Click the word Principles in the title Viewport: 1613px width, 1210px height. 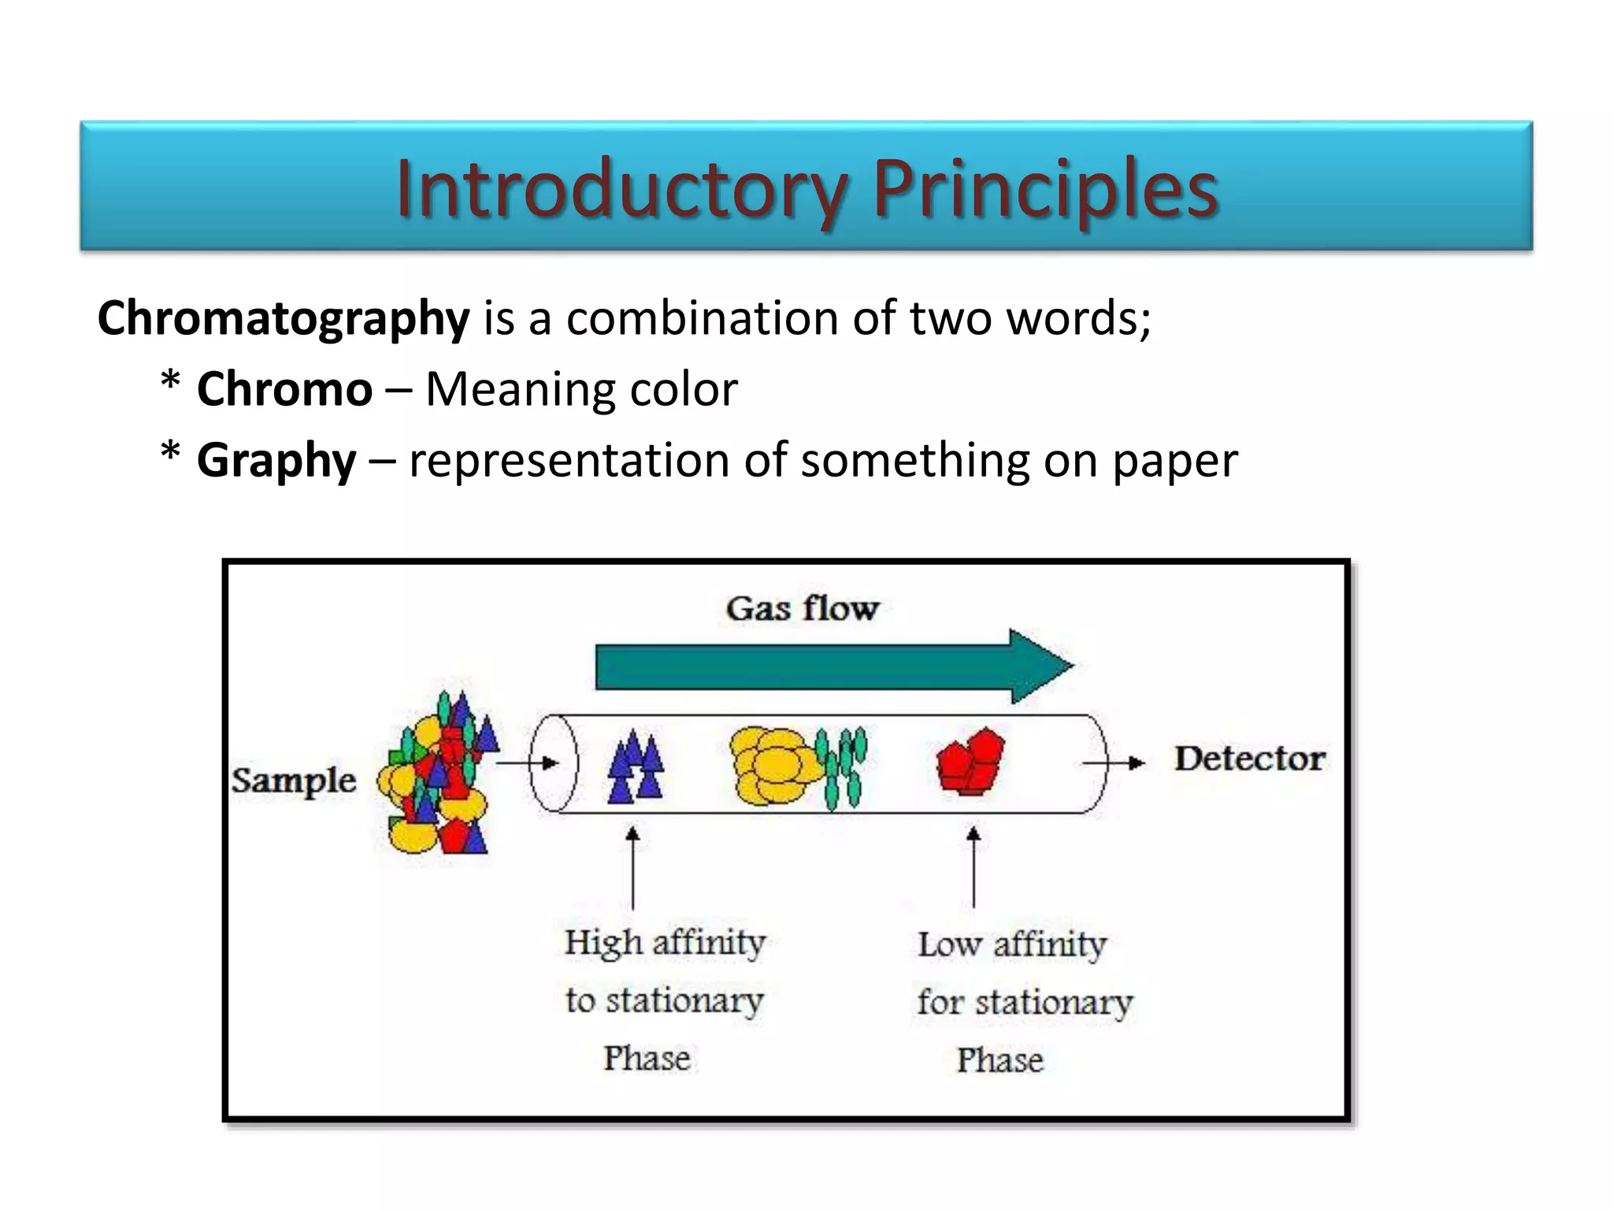(x=1046, y=189)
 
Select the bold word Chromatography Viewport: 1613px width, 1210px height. (x=284, y=319)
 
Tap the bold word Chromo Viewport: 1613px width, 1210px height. (x=284, y=389)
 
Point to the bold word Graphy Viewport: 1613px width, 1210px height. (x=276, y=460)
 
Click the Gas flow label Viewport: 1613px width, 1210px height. (x=802, y=608)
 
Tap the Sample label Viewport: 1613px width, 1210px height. (x=294, y=781)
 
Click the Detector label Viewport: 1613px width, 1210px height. (x=1250, y=759)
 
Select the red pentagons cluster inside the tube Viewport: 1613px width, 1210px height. (x=970, y=761)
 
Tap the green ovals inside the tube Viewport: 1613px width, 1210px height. (x=842, y=767)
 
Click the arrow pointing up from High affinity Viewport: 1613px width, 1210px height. (x=632, y=867)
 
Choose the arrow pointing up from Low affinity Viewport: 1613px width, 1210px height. (x=973, y=867)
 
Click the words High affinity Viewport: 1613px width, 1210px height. (x=665, y=942)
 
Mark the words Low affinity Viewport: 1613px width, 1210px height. (x=1012, y=944)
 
